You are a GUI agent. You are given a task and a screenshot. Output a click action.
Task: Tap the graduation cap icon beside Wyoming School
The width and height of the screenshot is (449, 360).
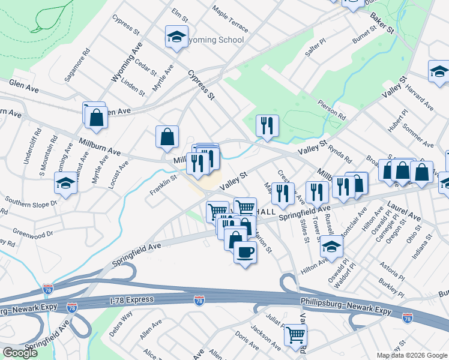point(176,37)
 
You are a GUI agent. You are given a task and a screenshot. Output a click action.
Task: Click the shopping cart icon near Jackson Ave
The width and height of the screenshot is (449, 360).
point(295,335)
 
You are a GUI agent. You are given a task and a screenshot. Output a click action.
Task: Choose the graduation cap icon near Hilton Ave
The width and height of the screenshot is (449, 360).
point(331,245)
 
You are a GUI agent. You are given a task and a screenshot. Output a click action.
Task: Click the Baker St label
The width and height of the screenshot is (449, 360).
point(382,22)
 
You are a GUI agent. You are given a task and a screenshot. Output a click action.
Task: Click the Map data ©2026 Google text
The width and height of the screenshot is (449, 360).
point(412,355)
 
